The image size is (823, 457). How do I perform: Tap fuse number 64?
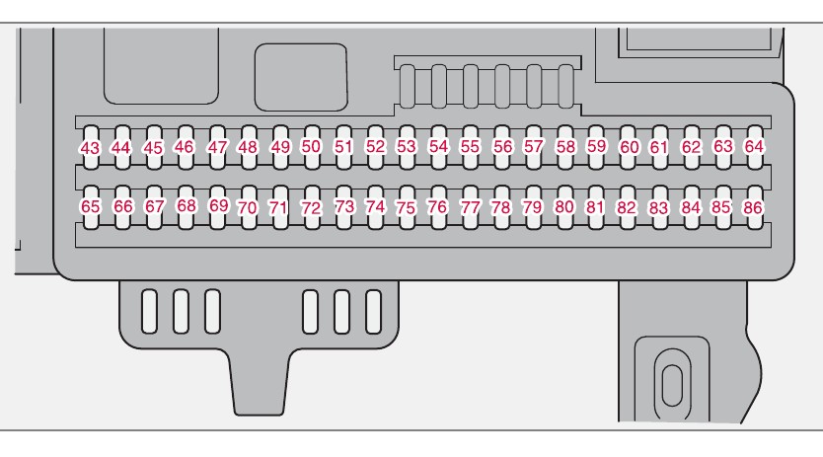pos(755,146)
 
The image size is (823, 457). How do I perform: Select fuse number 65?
pos(91,207)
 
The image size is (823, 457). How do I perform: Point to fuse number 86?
pos(754,208)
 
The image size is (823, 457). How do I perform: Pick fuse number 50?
pos(312,146)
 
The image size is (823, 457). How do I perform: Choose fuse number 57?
pos(534,146)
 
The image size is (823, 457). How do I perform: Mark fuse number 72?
pos(312,208)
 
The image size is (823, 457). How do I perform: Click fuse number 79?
pos(533,208)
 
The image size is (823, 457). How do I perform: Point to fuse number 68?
pos(187,207)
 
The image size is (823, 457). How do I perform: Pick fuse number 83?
pos(658,208)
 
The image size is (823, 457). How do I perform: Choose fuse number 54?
pos(439,146)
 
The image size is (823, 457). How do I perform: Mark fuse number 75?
pos(406,208)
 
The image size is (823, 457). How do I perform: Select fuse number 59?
pos(596,146)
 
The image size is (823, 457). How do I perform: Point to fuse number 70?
pos(248,208)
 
